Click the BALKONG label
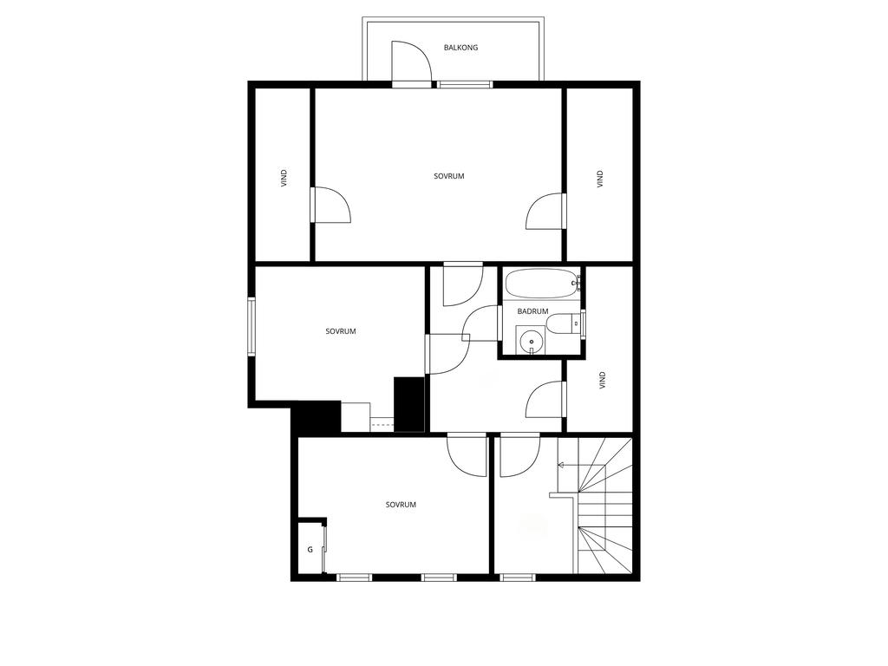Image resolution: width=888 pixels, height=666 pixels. point(460,48)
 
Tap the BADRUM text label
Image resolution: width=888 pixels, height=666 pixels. point(532,311)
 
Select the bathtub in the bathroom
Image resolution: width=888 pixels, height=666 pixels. point(541,284)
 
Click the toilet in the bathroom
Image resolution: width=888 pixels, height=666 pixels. point(564,324)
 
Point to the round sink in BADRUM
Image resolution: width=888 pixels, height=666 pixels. point(531,342)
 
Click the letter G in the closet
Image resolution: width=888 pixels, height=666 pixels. point(310,549)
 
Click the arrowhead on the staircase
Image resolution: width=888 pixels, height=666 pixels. point(561,465)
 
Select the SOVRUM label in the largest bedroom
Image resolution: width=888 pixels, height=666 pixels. point(448,176)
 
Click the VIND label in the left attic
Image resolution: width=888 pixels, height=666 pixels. point(284,179)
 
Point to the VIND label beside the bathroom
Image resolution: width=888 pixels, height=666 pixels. point(603,380)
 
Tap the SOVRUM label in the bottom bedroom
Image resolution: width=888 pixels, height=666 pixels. point(401,505)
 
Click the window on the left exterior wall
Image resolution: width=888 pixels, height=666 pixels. point(251,327)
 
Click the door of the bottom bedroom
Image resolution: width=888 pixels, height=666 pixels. point(467,454)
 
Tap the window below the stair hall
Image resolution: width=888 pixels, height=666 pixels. point(518,578)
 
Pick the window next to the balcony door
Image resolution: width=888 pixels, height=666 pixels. point(465,85)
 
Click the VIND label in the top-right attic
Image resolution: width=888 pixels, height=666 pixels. point(600,179)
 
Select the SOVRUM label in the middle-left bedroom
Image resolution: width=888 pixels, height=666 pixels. point(340,331)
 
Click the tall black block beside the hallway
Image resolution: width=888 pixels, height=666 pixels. point(409,404)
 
